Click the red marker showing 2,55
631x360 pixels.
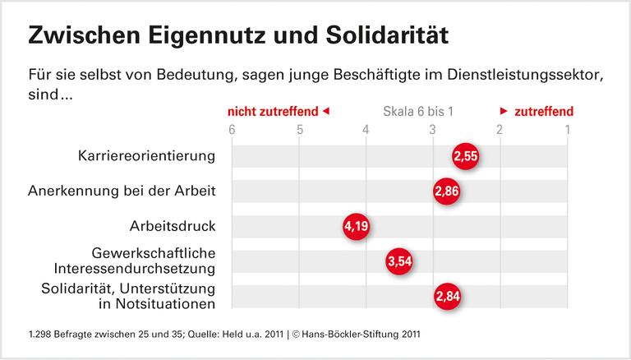(x=465, y=156)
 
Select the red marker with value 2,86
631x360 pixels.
(x=447, y=192)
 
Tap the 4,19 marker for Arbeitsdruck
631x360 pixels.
(x=357, y=226)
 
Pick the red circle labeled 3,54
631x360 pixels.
(x=399, y=261)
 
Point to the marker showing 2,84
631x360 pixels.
(x=449, y=296)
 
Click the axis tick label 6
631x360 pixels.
(x=232, y=129)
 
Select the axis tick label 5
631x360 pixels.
(x=299, y=129)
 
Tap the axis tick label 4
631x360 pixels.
(x=366, y=129)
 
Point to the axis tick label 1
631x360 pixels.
(x=566, y=129)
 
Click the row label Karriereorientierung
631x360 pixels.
(x=147, y=156)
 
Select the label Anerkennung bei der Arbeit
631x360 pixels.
(x=122, y=192)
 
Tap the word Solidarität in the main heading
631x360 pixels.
(x=380, y=35)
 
